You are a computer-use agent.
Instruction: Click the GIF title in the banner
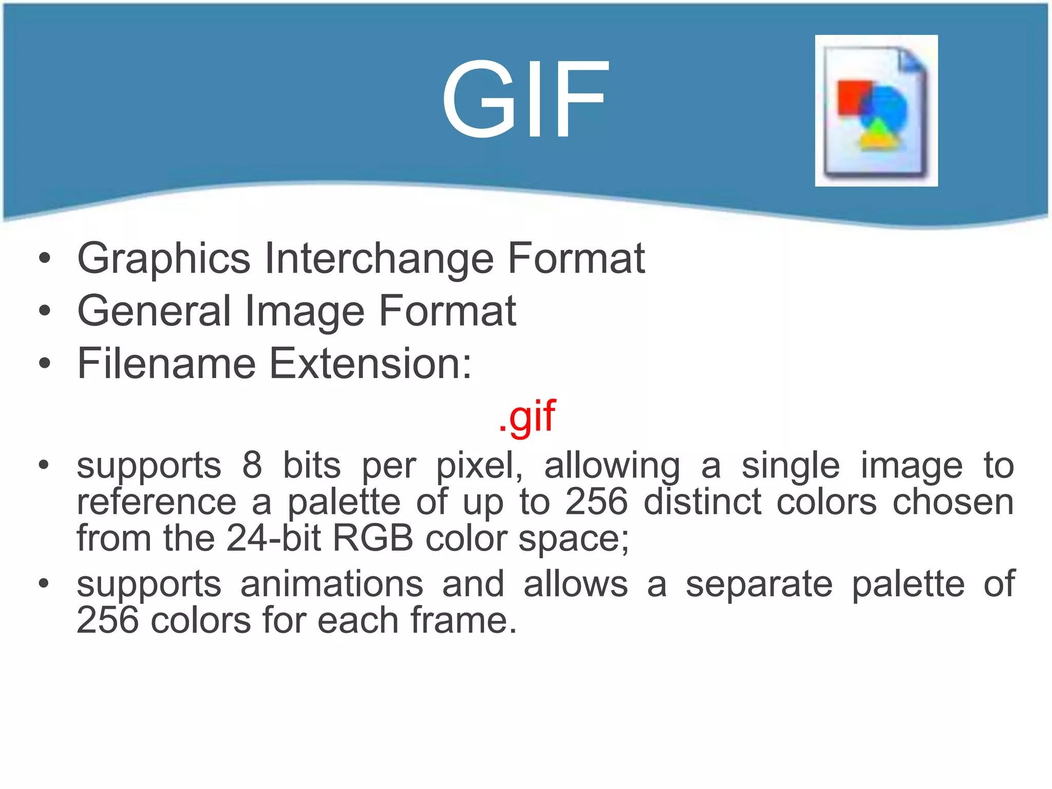(x=525, y=99)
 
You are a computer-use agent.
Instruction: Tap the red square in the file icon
(x=851, y=97)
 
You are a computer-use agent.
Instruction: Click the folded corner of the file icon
(x=911, y=60)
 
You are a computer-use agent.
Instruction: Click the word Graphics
(x=163, y=258)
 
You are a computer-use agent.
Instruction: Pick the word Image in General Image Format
(x=305, y=312)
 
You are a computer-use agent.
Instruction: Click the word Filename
(x=166, y=364)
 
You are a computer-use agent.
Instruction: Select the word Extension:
(x=370, y=364)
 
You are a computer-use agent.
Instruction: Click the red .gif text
(x=527, y=416)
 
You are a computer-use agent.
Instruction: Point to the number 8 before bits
(x=252, y=465)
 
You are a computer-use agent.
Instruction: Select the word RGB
(x=373, y=538)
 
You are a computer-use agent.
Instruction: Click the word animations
(x=332, y=584)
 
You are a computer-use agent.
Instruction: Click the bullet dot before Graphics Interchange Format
(x=45, y=258)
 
